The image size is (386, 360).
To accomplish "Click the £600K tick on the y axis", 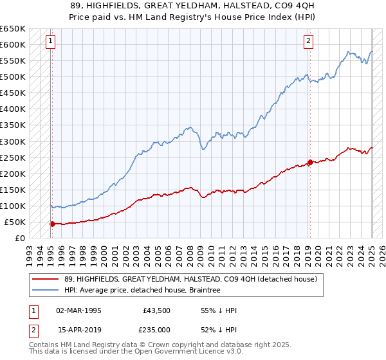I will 13,44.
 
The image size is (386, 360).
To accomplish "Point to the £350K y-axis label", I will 13,125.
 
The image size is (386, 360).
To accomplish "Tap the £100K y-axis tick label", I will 13,206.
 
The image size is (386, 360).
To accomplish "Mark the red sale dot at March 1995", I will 52,224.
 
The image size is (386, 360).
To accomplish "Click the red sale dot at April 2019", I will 309,162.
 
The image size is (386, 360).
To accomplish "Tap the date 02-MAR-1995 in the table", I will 78,310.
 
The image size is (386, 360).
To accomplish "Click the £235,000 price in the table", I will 157,330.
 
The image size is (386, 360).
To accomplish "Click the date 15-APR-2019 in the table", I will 79,330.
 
